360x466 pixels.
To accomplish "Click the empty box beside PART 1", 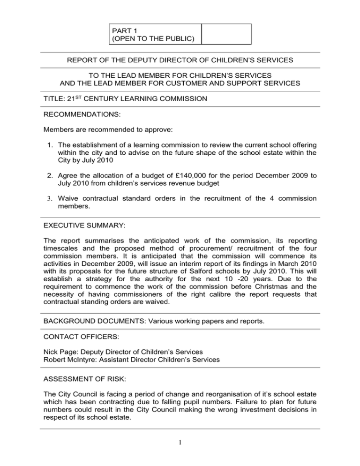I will pyautogui.click(x=226, y=34).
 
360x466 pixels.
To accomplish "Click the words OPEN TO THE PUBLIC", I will pyautogui.click(x=155, y=39).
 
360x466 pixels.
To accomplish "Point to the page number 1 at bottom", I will pyautogui.click(x=180, y=448).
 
